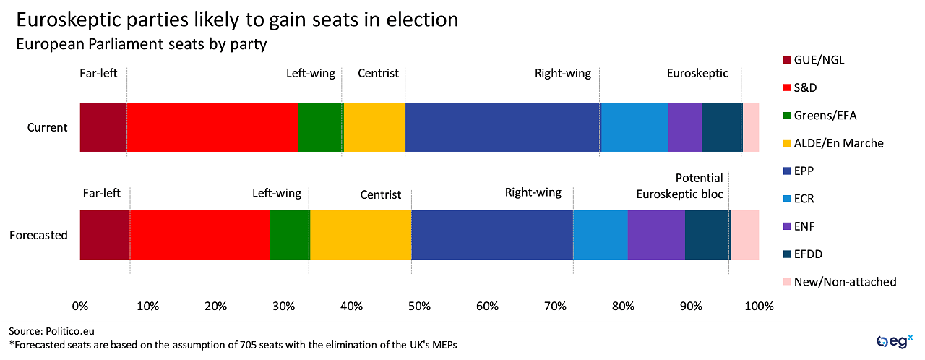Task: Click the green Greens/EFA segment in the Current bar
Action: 320,127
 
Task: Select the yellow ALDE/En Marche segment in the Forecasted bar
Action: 360,235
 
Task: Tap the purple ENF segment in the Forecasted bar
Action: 656,235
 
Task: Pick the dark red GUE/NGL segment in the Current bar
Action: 103,127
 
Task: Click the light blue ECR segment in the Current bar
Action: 634,127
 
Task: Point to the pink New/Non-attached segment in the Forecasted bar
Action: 745,235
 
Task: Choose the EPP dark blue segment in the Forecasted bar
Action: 492,235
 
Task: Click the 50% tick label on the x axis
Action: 420,307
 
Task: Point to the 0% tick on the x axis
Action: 80,307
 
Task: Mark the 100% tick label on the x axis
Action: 759,307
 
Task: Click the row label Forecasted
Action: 38,235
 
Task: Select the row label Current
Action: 47,127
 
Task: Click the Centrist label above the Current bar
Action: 378,74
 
